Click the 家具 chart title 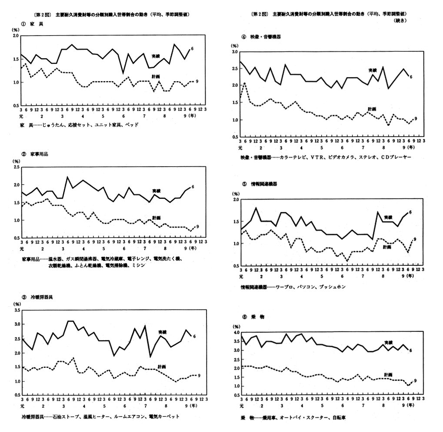(34, 24)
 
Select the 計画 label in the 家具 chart (156, 76)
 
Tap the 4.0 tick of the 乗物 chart (236, 333)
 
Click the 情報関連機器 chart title (261, 184)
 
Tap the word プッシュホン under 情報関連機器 (333, 287)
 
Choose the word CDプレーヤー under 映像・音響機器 (394, 157)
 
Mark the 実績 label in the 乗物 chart (388, 343)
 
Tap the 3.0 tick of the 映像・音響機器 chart (234, 52)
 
